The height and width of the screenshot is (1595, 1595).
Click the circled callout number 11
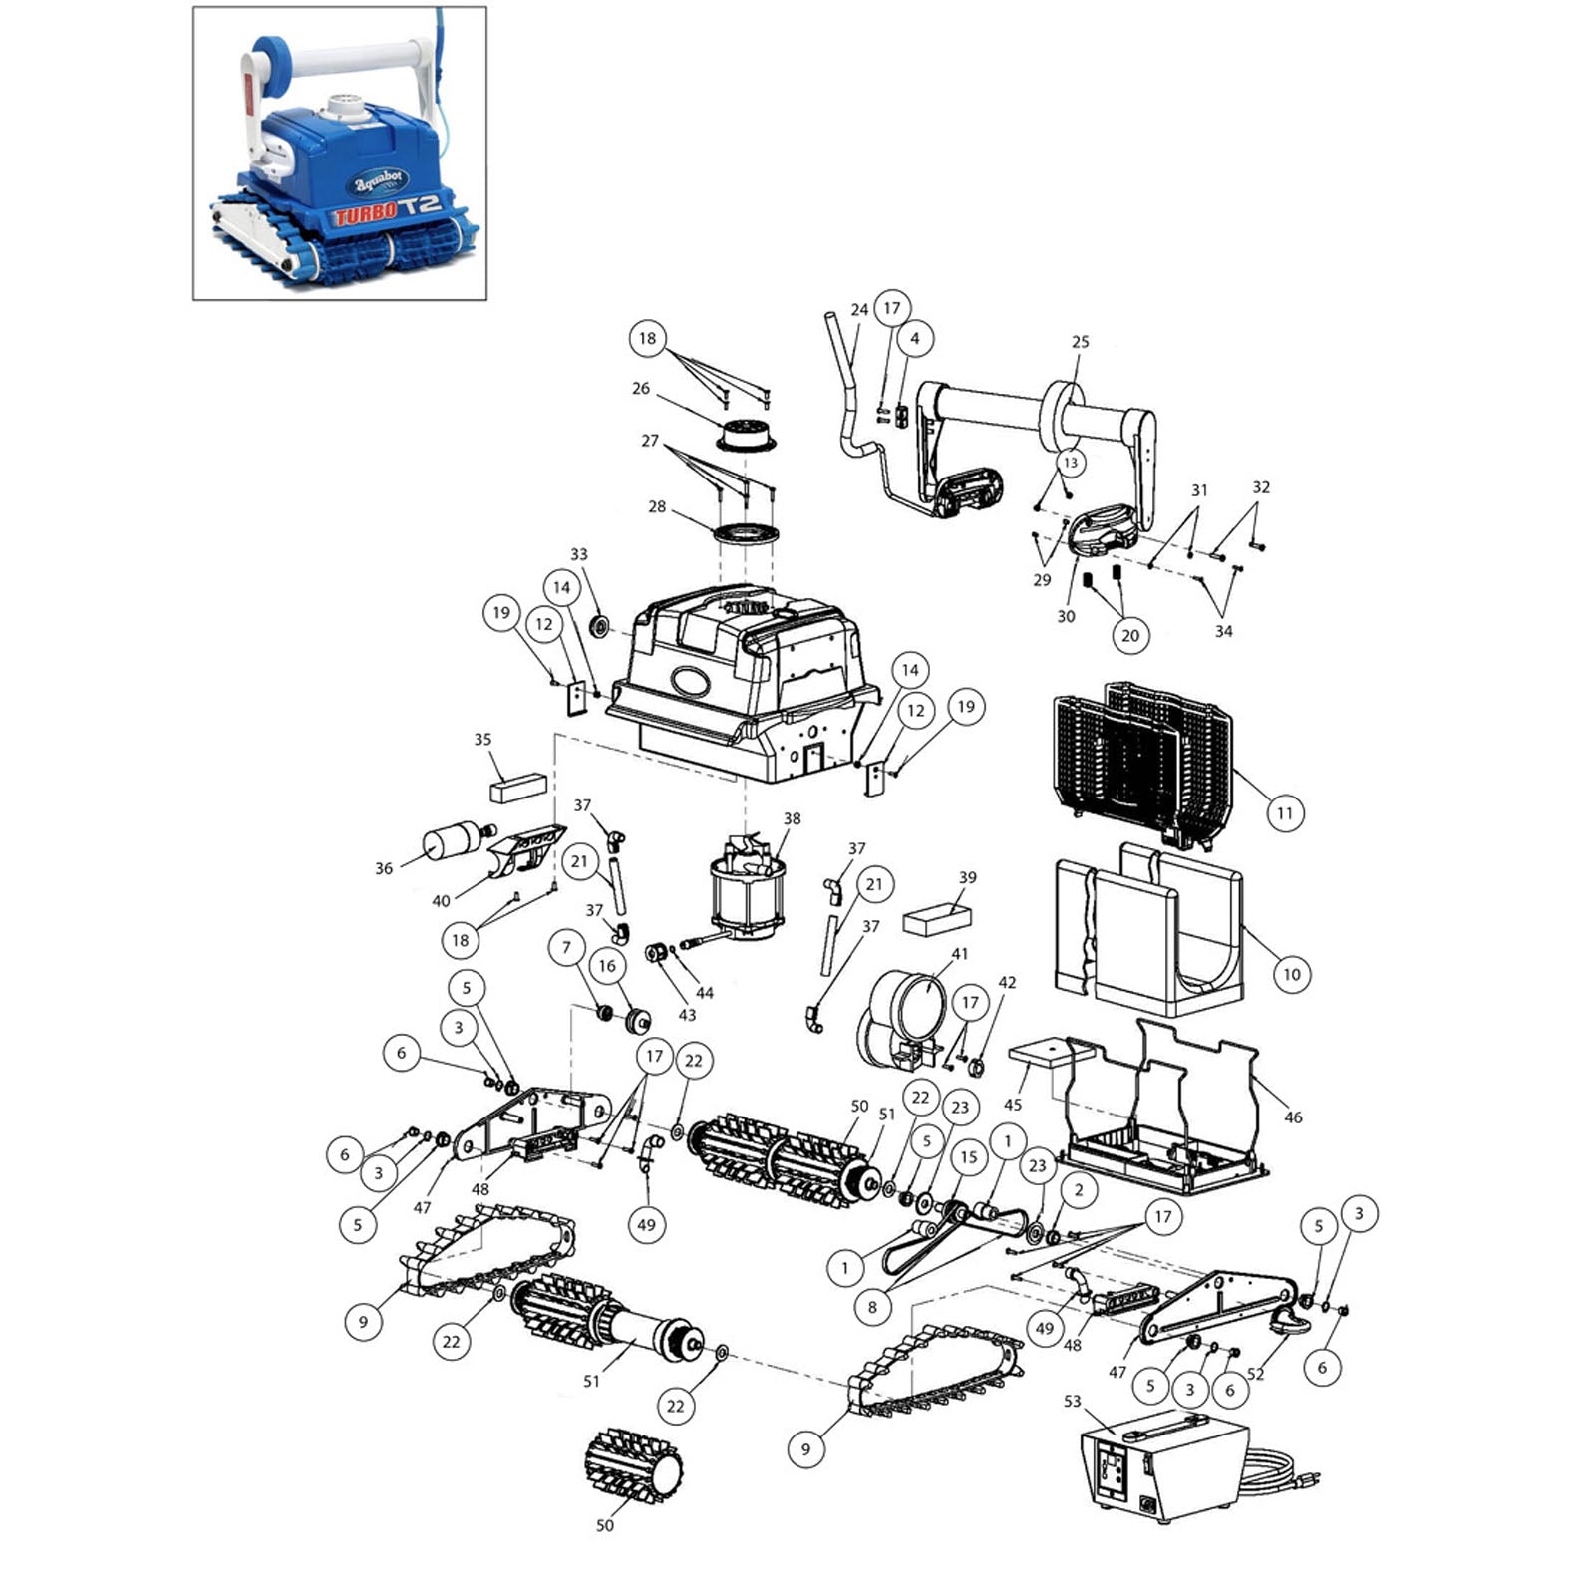tap(1285, 813)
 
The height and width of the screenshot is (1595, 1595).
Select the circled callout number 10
tap(1292, 974)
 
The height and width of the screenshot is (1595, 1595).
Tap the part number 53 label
tap(1072, 1401)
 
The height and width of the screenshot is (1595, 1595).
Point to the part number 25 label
tap(1081, 342)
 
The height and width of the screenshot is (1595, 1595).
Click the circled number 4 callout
tap(915, 338)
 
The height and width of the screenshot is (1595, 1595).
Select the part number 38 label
tap(792, 818)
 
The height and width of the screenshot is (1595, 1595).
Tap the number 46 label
tap(1293, 1117)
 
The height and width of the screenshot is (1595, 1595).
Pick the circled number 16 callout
tap(607, 965)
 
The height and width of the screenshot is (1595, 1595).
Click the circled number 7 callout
tap(567, 947)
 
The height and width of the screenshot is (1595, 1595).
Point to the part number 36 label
tap(384, 868)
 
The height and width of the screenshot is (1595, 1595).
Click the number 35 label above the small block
tap(482, 740)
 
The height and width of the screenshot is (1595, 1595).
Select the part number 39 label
tap(968, 877)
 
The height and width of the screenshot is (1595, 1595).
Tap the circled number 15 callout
tap(968, 1157)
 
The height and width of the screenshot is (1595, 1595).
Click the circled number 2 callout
tap(1078, 1189)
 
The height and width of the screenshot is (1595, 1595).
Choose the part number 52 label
tap(1255, 1374)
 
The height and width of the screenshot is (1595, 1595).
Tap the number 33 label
tap(579, 554)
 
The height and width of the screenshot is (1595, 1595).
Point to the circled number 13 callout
tap(1070, 463)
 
